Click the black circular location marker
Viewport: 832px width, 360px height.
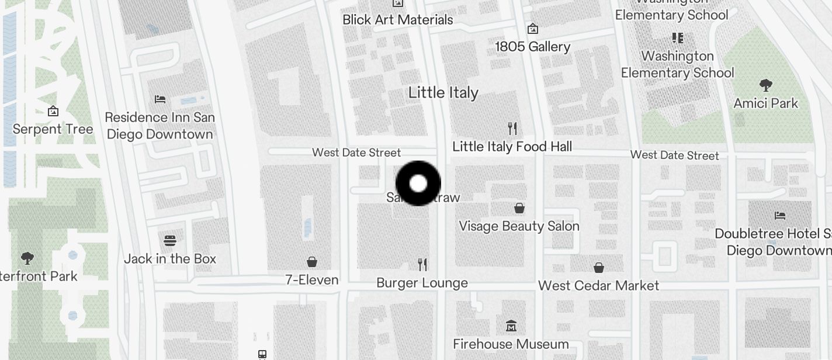coord(418,184)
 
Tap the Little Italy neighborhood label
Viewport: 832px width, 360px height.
coord(443,92)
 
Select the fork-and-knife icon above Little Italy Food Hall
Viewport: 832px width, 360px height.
coord(512,129)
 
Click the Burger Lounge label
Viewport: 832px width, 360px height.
coord(422,283)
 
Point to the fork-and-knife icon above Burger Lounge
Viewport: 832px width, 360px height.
coord(423,265)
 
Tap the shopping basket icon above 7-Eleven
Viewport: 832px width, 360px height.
coord(312,262)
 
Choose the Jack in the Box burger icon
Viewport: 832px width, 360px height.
coord(170,240)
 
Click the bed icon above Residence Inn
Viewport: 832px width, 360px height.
coord(160,99)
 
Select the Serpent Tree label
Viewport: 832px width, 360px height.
coord(53,129)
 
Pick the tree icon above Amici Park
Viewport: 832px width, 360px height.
coord(765,85)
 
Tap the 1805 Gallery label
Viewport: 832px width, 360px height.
coord(532,47)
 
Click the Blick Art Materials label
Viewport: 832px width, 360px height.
coord(397,20)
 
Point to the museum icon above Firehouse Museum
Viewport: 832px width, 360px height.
coord(511,326)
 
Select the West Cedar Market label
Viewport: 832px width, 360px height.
coord(598,286)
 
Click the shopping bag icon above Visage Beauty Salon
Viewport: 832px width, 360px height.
coord(519,207)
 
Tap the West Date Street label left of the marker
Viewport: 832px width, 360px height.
coord(356,153)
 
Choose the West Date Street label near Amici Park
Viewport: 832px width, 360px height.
coord(674,155)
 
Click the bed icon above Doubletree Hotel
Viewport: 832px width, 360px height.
coord(780,215)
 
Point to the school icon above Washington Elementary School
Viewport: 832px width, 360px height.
coord(678,39)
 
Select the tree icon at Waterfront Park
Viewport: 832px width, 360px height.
coord(27,258)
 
